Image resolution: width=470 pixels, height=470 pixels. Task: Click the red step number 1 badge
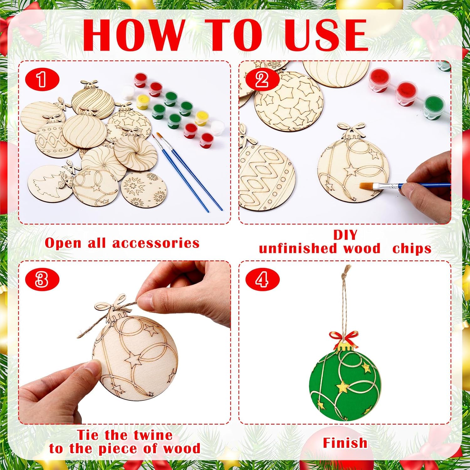click(x=42, y=80)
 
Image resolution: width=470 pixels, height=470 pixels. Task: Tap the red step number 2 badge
click(x=262, y=80)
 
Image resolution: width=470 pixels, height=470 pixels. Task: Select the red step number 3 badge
click(x=42, y=279)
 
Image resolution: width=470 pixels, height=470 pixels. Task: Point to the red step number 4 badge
click(x=262, y=279)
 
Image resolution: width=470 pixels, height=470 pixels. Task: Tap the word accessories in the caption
click(x=156, y=243)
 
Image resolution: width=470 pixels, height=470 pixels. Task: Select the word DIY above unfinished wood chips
click(x=345, y=235)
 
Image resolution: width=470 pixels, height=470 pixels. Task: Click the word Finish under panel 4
click(x=345, y=443)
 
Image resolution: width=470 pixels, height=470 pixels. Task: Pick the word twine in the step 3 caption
click(x=153, y=435)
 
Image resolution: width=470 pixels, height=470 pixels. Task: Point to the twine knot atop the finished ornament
click(x=345, y=276)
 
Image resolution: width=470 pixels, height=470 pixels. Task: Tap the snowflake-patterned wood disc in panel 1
click(x=144, y=189)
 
